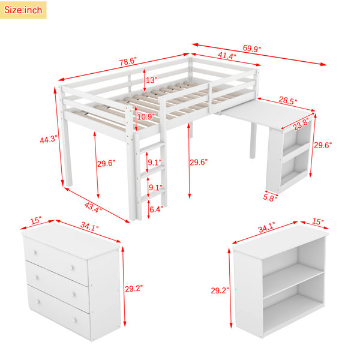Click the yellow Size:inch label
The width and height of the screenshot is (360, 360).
click(x=23, y=10)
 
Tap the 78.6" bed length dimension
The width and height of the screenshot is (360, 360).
click(x=128, y=62)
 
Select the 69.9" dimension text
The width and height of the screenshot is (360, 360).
click(x=252, y=49)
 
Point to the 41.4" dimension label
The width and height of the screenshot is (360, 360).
click(x=227, y=55)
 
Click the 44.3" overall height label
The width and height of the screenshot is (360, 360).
click(x=49, y=139)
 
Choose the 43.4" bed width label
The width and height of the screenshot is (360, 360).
click(x=93, y=207)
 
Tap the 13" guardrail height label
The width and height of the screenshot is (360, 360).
click(x=152, y=80)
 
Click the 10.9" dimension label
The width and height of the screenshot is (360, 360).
click(x=146, y=117)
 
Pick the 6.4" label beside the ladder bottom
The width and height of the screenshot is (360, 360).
click(x=156, y=209)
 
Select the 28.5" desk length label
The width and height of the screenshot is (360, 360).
click(x=287, y=100)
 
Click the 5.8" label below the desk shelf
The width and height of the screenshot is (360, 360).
click(x=270, y=197)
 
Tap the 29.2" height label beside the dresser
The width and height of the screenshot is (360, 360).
click(x=134, y=289)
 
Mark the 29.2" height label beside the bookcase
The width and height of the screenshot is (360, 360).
click(x=220, y=290)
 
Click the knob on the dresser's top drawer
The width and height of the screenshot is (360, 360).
click(x=72, y=268)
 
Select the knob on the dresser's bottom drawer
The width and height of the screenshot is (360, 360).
click(x=74, y=320)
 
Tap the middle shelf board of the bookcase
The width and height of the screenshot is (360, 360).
click(x=293, y=280)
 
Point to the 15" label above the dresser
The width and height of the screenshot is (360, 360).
click(x=35, y=221)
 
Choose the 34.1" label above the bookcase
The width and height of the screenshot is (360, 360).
click(x=266, y=227)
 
